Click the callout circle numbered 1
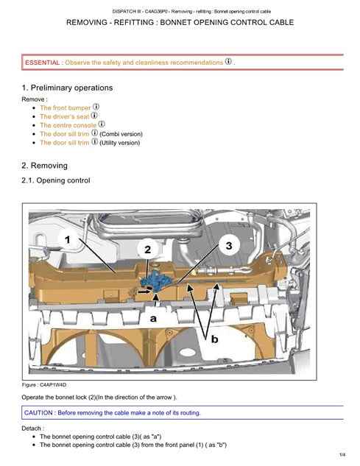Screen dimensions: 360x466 [68, 239]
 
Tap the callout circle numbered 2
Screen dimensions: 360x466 [148, 250]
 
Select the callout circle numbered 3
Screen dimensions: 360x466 [229, 245]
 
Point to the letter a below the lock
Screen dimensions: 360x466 [153, 319]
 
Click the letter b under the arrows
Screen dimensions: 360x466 [214, 339]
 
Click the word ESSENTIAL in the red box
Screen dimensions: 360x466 [42, 63]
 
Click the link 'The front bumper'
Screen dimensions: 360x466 [65, 108]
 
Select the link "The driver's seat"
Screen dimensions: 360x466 [65, 116]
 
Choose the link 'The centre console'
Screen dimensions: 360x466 [68, 125]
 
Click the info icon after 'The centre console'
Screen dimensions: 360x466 [102, 124]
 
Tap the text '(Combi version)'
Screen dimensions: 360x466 [121, 134]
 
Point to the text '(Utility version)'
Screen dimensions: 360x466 [119, 143]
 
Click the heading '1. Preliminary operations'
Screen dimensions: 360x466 [67, 88]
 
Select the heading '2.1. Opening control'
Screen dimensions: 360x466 [56, 180]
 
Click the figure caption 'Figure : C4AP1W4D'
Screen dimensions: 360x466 [44, 385]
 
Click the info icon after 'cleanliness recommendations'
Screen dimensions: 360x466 [228, 62]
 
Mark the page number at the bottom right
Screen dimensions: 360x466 [342, 455]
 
